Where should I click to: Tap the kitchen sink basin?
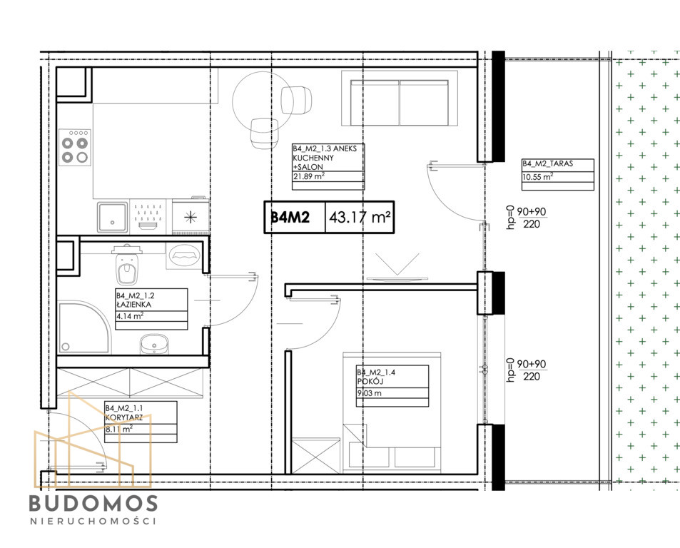pyautogui.click(x=112, y=217)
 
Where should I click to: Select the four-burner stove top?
pyautogui.click(x=75, y=148)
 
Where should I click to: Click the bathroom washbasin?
pyautogui.click(x=154, y=344)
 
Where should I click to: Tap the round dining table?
pyautogui.click(x=262, y=101)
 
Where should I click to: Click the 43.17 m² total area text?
pyautogui.click(x=360, y=217)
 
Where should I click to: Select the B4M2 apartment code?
pyautogui.click(x=290, y=217)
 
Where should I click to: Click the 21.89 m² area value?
pyautogui.click(x=309, y=176)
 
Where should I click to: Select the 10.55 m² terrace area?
pyautogui.click(x=538, y=177)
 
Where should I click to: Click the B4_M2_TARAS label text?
pyautogui.click(x=548, y=163)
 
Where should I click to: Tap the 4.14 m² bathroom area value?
pyautogui.click(x=130, y=316)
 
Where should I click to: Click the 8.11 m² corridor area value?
pyautogui.click(x=119, y=430)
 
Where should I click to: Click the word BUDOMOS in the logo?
pyautogui.click(x=93, y=503)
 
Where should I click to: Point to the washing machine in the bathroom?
pyautogui.click(x=184, y=255)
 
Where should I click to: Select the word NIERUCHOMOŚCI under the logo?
pyautogui.click(x=93, y=521)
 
